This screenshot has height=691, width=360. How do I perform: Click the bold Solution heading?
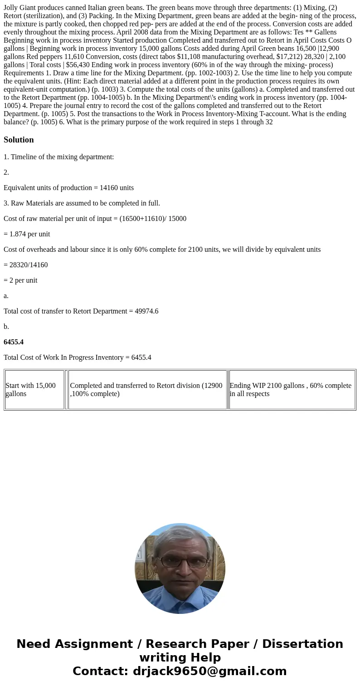coord(19,140)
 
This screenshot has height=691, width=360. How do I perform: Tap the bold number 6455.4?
coord(14,342)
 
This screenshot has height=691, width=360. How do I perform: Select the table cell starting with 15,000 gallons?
coord(34,390)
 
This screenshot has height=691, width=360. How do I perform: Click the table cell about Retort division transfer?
coord(147,390)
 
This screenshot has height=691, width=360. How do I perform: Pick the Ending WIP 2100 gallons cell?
coord(292,390)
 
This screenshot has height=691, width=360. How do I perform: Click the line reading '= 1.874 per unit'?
coord(27,234)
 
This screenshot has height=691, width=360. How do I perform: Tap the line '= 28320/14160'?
coord(25,265)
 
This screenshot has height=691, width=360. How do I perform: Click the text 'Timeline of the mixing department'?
coord(62,157)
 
